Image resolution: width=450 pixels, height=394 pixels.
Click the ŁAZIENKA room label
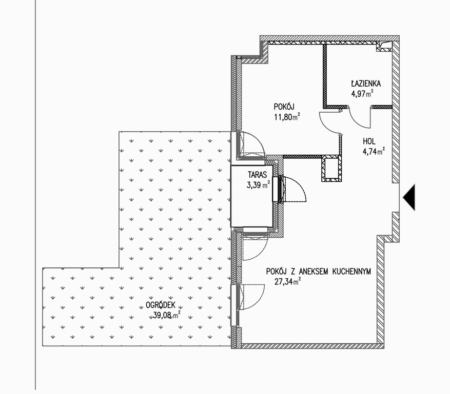[x=366, y=84]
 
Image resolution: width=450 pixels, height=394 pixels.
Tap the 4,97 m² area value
[x=362, y=93]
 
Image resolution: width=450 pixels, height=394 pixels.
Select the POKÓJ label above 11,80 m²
[x=284, y=107]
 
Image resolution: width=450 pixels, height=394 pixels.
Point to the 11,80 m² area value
[x=287, y=117]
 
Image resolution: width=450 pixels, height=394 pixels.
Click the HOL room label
[x=369, y=141]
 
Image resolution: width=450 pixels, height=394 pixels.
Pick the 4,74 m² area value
[x=374, y=151]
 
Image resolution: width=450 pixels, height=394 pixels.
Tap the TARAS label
[x=258, y=175]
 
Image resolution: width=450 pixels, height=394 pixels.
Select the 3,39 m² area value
[x=258, y=185]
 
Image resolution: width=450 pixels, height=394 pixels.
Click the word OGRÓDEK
[x=161, y=305]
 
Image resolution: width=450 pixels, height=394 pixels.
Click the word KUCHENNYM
[x=351, y=272]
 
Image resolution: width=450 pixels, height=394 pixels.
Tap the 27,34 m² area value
[x=287, y=281]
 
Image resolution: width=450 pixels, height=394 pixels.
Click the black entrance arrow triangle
[x=409, y=197]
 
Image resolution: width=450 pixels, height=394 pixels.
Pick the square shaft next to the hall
[x=332, y=169]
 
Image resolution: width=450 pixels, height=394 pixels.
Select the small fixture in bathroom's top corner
[x=384, y=47]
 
